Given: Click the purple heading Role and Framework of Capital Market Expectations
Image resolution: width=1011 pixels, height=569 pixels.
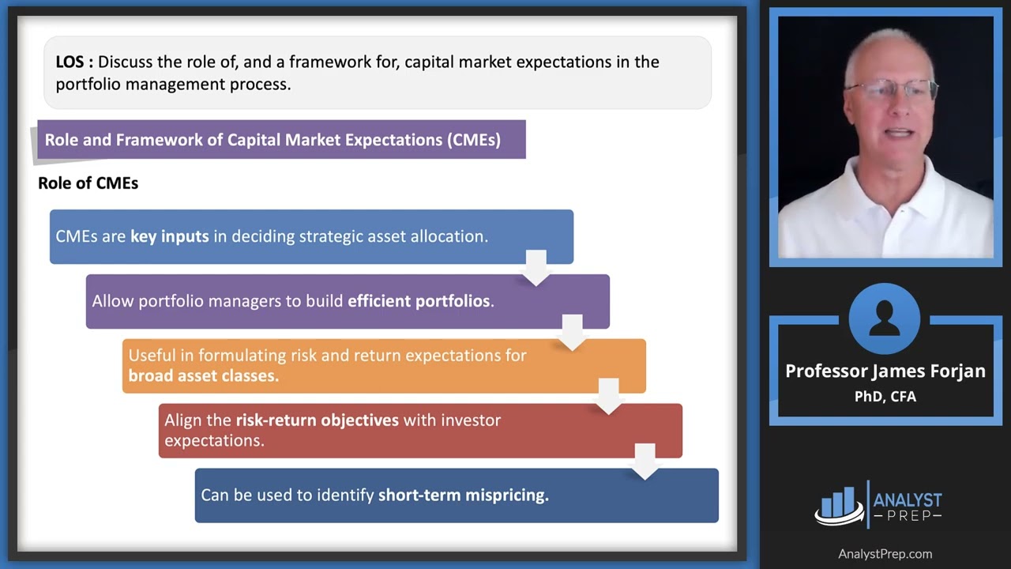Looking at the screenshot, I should coord(272,140).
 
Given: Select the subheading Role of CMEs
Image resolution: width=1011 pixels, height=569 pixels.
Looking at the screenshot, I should coord(88,183).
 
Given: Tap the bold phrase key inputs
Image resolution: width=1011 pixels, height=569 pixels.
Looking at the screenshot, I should coord(169,236).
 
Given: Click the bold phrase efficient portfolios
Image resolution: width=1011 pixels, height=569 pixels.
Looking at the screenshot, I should coord(419,301).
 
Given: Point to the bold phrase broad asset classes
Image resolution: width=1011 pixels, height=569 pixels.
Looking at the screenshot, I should coord(203,376).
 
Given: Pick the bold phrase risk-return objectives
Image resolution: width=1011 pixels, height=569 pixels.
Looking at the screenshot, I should coord(317,420).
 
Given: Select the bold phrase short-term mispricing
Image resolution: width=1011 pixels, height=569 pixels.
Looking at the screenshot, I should coord(463,496).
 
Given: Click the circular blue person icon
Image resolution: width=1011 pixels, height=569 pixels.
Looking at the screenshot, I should coord(885,319).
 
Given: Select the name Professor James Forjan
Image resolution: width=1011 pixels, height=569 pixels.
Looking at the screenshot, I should coord(885,371).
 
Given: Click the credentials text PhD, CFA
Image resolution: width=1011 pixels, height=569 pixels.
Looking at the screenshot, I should coord(885,396).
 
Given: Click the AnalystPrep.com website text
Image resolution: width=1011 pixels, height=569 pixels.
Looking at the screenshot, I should coord(885,554).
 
